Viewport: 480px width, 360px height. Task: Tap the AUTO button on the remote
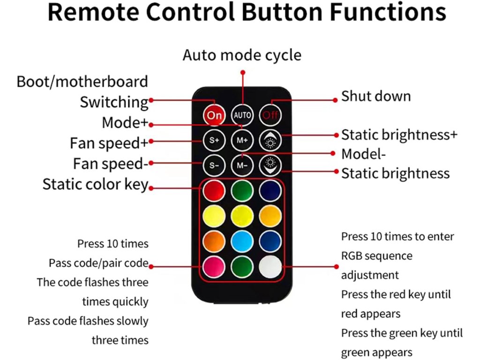(242, 115)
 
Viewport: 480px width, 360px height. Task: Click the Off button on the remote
(270, 115)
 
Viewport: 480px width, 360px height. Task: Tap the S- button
(214, 165)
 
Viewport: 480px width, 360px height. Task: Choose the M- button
(242, 165)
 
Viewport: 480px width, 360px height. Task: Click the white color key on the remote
(270, 267)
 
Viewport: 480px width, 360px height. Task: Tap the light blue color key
(242, 241)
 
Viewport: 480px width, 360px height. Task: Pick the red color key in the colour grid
(214, 191)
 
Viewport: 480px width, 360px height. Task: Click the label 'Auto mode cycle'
(242, 55)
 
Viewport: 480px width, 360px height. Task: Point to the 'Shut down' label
(376, 97)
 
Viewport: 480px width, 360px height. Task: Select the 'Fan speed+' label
(109, 143)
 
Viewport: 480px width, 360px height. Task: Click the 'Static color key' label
(95, 184)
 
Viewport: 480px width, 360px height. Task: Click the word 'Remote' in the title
(95, 13)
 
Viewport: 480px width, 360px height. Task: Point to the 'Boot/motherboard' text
(82, 82)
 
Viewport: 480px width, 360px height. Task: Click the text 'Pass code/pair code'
(98, 263)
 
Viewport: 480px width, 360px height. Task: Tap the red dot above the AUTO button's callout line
(242, 73)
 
